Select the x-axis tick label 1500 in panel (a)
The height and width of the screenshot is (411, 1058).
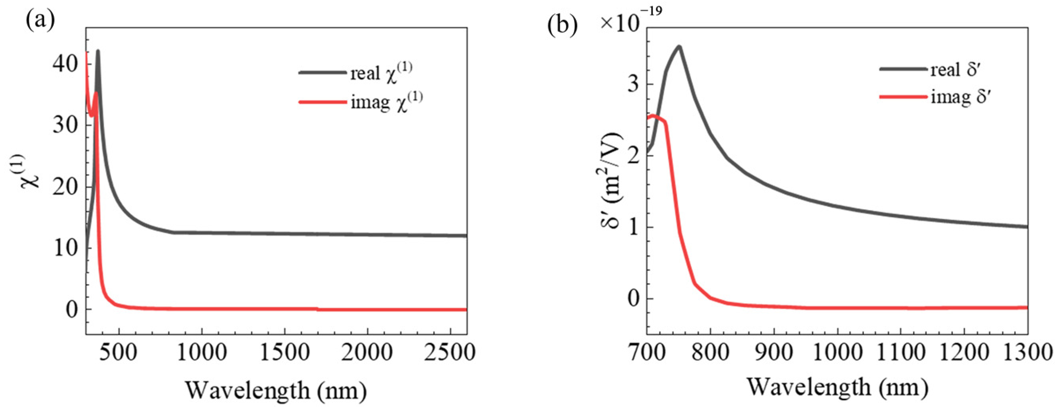[x=284, y=352]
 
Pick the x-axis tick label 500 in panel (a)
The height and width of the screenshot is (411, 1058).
[x=119, y=352]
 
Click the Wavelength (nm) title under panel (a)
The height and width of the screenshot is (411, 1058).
[x=276, y=390]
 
